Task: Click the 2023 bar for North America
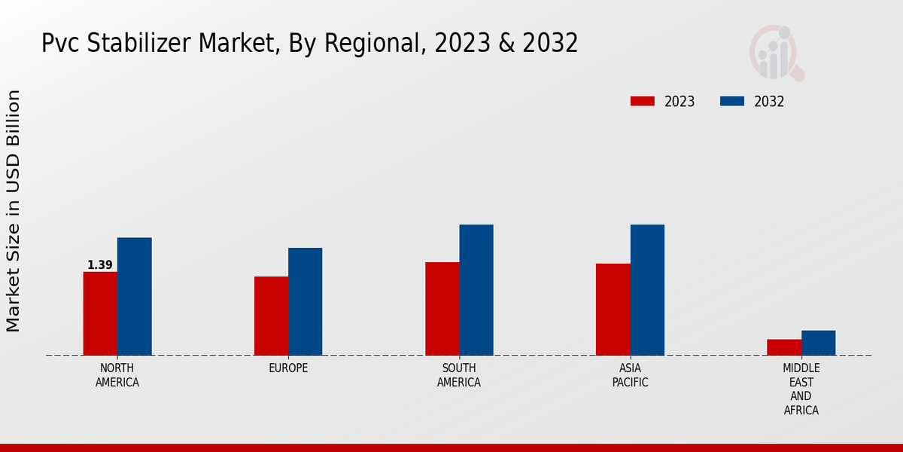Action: [100, 313]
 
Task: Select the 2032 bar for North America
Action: [134, 297]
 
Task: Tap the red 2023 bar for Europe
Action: [271, 316]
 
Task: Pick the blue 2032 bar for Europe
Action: [305, 301]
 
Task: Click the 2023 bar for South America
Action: [442, 309]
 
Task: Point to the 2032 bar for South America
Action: [476, 290]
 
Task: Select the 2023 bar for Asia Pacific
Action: [613, 310]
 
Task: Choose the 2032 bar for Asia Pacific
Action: [647, 290]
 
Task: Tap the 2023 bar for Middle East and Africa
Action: [784, 347]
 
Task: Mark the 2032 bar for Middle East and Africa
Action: [818, 343]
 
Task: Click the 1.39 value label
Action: [100, 265]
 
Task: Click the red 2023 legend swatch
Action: [643, 102]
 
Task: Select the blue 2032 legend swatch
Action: [732, 102]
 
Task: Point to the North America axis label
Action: [117, 375]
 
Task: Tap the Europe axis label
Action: [288, 368]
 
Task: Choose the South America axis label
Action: [459, 375]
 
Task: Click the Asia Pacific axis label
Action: [630, 375]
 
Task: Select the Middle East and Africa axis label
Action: [801, 389]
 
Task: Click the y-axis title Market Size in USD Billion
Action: [14, 211]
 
